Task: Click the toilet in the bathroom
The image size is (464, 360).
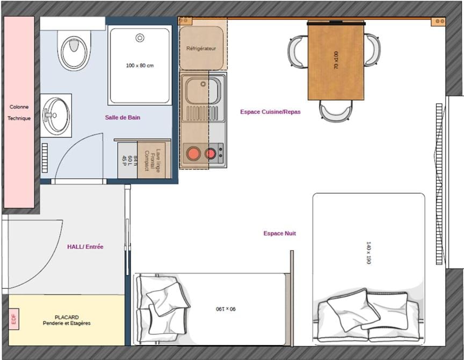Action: coord(74,49)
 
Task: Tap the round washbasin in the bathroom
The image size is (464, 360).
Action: coord(56,114)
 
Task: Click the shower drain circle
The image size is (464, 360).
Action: coord(140,38)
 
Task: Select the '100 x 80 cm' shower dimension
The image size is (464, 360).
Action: coord(140,66)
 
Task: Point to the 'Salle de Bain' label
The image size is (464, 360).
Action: coord(122,117)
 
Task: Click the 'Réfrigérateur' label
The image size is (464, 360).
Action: coord(201,48)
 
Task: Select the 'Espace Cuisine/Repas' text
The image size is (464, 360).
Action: coord(270,112)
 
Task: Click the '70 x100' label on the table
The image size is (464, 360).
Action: coord(336,60)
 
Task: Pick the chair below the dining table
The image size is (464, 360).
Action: coord(336,111)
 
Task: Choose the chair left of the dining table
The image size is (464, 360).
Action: coord(298,51)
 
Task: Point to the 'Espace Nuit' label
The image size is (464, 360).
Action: coord(279,233)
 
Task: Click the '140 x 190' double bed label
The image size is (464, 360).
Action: coord(368,252)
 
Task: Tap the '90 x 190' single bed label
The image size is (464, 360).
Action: coord(226,309)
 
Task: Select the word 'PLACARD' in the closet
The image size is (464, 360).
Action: coord(67,317)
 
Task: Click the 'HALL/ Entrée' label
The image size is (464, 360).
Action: coord(85,247)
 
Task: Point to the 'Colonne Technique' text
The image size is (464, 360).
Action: coord(19,112)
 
